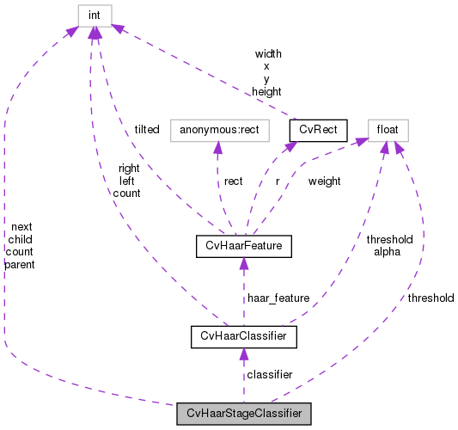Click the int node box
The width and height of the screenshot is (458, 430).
pyautogui.click(x=94, y=15)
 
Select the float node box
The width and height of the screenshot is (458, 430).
pyautogui.click(x=388, y=130)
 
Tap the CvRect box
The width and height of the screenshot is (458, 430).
pyautogui.click(x=318, y=130)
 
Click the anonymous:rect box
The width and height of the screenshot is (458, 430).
pyautogui.click(x=220, y=130)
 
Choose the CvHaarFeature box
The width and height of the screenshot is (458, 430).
pyautogui.click(x=244, y=248)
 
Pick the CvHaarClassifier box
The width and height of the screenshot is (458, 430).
pyautogui.click(x=243, y=336)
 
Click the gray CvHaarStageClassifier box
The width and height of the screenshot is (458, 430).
pyautogui.click(x=243, y=414)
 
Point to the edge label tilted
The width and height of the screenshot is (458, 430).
pyautogui.click(x=146, y=129)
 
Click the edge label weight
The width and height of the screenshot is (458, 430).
pyautogui.click(x=324, y=181)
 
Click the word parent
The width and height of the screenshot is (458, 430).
pyautogui.click(x=19, y=265)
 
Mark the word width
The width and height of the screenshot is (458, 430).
pyautogui.click(x=266, y=53)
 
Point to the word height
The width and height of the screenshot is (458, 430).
pyautogui.click(x=266, y=90)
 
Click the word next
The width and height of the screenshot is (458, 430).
pyautogui.click(x=21, y=226)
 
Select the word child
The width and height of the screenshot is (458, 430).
pyautogui.click(x=20, y=239)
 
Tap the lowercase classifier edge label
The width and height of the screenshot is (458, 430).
pyautogui.click(x=269, y=375)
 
